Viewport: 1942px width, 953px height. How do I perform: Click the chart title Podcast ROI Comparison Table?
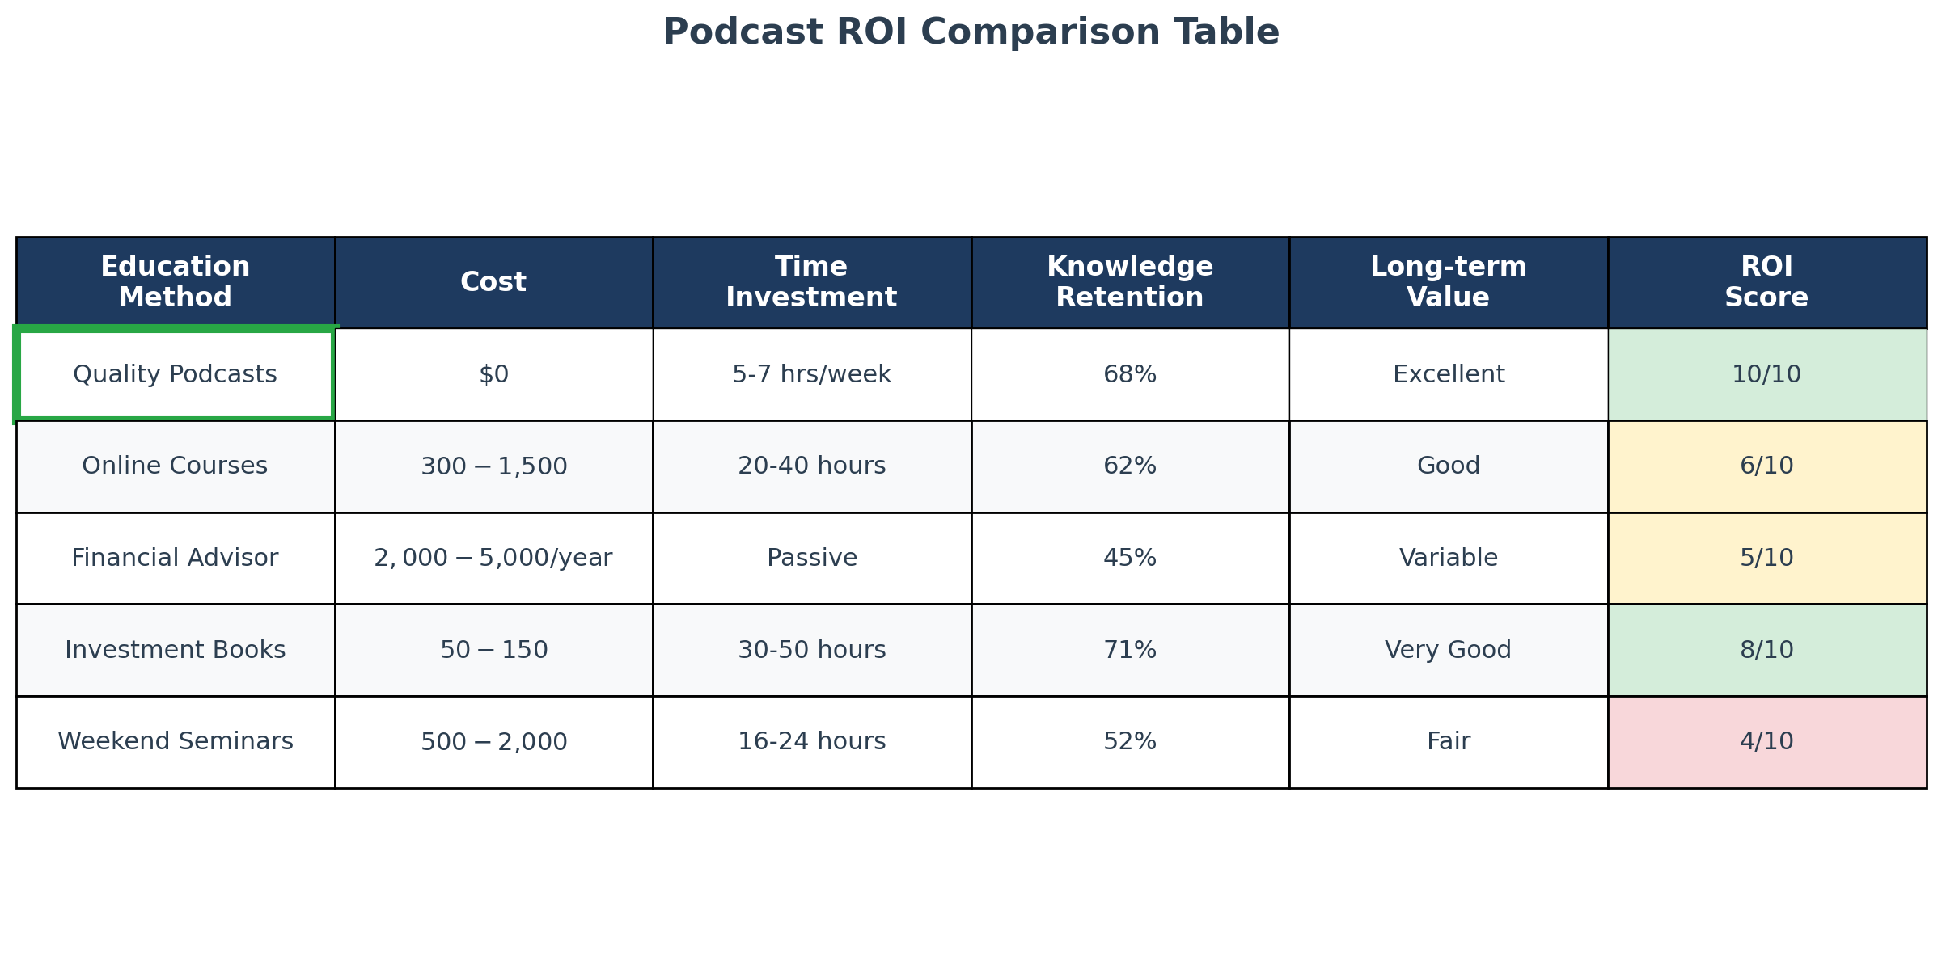click(x=971, y=33)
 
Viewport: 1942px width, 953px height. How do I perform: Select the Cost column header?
click(x=493, y=282)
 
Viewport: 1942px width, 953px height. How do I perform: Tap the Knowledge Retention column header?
click(x=1130, y=282)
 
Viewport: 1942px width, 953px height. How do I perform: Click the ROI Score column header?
click(x=1766, y=282)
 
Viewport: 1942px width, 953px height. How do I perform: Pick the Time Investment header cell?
click(x=811, y=282)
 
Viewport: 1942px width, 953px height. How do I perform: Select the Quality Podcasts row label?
click(x=175, y=374)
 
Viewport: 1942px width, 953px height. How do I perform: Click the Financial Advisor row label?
click(x=175, y=558)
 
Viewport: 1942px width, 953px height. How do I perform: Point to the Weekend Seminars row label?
click(x=175, y=741)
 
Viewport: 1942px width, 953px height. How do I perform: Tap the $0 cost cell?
click(x=493, y=374)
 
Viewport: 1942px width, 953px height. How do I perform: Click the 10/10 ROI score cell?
click(x=1766, y=374)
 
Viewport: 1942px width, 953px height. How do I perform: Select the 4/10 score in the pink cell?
click(x=1766, y=741)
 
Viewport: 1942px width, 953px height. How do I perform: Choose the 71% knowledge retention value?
click(x=1130, y=650)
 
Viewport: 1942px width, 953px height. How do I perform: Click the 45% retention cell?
click(x=1130, y=558)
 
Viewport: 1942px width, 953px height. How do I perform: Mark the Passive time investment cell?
click(x=811, y=558)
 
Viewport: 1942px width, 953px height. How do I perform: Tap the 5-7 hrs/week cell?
click(x=811, y=374)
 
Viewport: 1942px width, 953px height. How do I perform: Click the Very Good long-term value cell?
click(x=1448, y=650)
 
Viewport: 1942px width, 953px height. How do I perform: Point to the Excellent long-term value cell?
click(x=1448, y=374)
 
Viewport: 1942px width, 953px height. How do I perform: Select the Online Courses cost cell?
click(x=493, y=466)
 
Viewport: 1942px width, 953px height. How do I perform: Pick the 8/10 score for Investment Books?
click(x=1766, y=650)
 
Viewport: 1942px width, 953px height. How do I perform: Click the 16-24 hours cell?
click(x=811, y=741)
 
